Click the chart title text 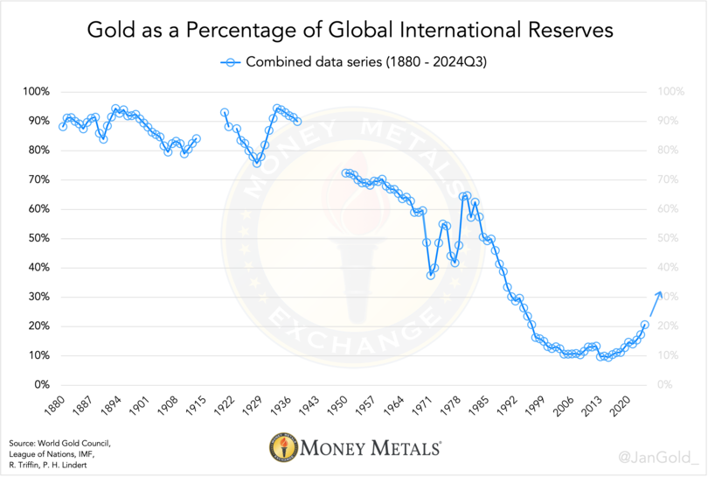(354, 30)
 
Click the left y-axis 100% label (36, 92)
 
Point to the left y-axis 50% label (38, 238)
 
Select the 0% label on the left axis (41, 385)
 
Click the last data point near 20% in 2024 (645, 325)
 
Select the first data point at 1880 (62, 127)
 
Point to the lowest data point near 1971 (431, 275)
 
